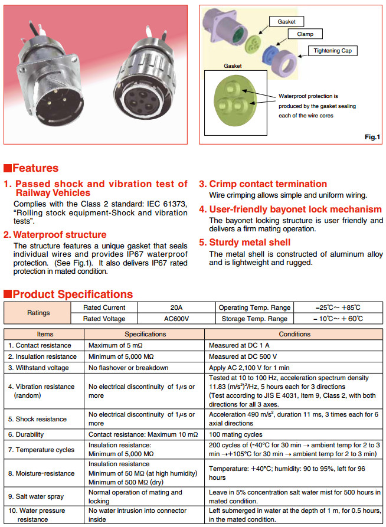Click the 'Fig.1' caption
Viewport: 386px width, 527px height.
(x=372, y=137)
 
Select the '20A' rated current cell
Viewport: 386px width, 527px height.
(x=177, y=307)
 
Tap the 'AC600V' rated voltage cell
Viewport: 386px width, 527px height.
(x=177, y=319)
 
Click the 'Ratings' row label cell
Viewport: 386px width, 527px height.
(x=37, y=313)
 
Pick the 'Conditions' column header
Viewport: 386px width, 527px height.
(x=294, y=334)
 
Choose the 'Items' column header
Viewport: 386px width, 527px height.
(x=45, y=334)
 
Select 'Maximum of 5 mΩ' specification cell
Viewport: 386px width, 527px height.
(x=116, y=345)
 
